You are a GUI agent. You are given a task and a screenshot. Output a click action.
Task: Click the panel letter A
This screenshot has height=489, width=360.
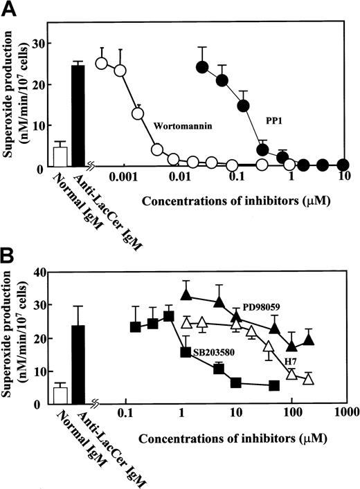coord(10,10)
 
